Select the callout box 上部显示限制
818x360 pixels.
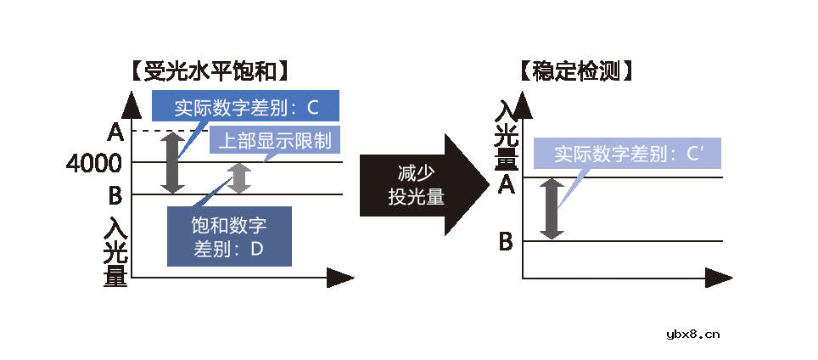coord(275,140)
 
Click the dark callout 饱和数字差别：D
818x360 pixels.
coord(229,237)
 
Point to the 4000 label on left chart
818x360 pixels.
coord(94,162)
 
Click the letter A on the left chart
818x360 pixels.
coord(115,132)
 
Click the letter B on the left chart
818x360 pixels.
coord(115,196)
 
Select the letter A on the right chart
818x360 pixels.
coord(506,183)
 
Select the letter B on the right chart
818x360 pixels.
coord(506,242)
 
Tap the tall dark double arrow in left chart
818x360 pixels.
coord(173,162)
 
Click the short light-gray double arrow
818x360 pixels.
coord(241,178)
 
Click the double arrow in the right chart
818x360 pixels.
coord(552,208)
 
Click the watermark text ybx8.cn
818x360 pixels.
coord(693,334)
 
